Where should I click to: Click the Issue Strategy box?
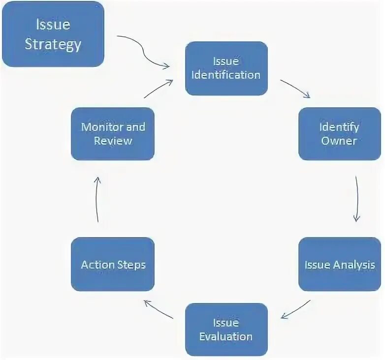[53, 34]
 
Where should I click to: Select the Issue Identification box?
[226, 68]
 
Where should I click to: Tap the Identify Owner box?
[339, 134]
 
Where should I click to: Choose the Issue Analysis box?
[339, 265]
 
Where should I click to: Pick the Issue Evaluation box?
[226, 330]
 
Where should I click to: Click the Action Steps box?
[113, 265]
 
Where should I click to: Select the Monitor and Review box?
[113, 134]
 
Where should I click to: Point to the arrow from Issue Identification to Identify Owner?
[295, 89]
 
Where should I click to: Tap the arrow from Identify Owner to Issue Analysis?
[357, 199]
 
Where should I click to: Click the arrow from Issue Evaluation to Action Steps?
[159, 310]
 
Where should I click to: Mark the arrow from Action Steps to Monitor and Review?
[97, 199]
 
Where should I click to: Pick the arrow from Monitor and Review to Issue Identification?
[159, 89]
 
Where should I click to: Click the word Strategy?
[53, 44]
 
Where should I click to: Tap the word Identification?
[226, 75]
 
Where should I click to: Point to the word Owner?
[339, 141]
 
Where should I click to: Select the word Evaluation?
[226, 337]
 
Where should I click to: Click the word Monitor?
[101, 127]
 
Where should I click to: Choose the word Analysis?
[354, 265]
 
